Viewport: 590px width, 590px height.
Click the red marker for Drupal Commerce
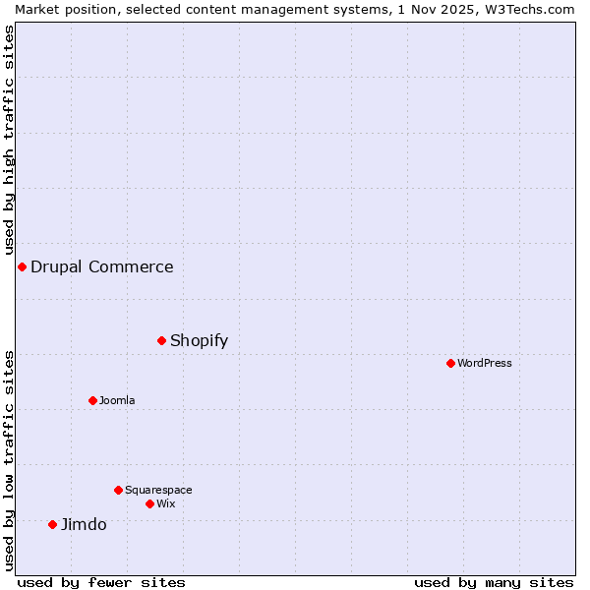pyautogui.click(x=22, y=266)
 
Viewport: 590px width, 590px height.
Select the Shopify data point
pyautogui.click(x=161, y=340)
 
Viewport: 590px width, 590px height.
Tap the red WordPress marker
pyautogui.click(x=450, y=363)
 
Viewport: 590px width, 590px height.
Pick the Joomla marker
pyautogui.click(x=92, y=400)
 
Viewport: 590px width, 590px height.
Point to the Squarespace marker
pyautogui.click(x=118, y=490)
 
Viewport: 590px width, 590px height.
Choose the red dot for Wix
pyautogui.click(x=149, y=503)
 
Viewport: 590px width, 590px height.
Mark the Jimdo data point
pyautogui.click(x=52, y=524)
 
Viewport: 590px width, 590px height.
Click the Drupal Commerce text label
pyautogui.click(x=101, y=266)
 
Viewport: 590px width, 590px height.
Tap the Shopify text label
pyautogui.click(x=199, y=340)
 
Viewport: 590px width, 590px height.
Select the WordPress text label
pyautogui.click(x=484, y=363)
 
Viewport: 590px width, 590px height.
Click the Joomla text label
pyautogui.click(x=117, y=400)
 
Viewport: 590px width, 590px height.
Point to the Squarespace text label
pyautogui.click(x=158, y=490)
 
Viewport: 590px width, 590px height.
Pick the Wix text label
pyautogui.click(x=165, y=503)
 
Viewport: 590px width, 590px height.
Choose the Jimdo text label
pyautogui.click(x=84, y=524)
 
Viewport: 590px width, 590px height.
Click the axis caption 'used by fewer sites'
pyautogui.click(x=101, y=582)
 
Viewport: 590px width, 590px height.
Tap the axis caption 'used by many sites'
pyautogui.click(x=494, y=582)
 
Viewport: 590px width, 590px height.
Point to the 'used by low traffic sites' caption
pyautogui.click(x=9, y=459)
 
